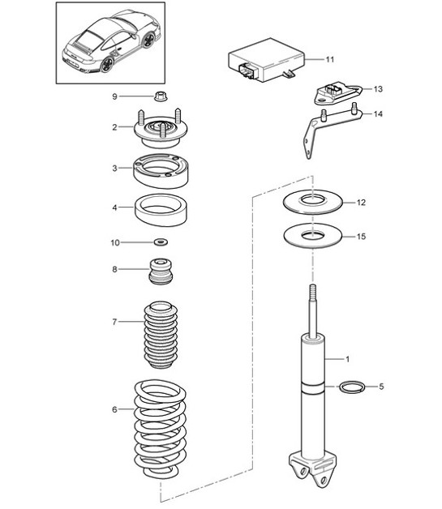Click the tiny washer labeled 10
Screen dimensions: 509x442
(161, 242)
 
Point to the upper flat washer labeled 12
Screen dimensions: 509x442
(310, 201)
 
